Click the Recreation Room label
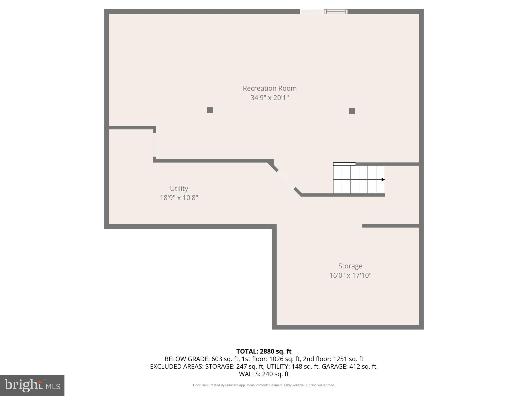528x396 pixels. pos(270,88)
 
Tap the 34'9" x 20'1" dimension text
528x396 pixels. pos(270,98)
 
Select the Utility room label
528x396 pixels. pos(179,188)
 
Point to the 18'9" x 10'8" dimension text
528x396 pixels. pos(179,198)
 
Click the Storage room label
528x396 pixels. pos(350,266)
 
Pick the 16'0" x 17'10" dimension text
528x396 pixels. pos(350,275)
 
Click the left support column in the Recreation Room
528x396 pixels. pos(210,110)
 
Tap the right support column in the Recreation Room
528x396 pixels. pos(352,111)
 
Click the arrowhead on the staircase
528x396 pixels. pos(383,179)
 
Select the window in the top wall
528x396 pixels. pos(336,11)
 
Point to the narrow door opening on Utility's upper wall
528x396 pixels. pos(154,144)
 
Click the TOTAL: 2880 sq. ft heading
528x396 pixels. pos(264,351)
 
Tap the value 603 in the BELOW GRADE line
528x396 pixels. pos(217,359)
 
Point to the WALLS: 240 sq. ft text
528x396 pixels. pos(264,374)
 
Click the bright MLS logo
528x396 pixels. pos(32,385)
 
